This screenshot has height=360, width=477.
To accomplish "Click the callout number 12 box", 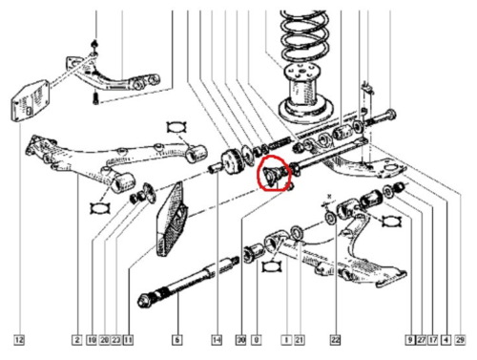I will click(x=19, y=339).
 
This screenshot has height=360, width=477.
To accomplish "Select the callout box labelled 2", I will click(x=75, y=339).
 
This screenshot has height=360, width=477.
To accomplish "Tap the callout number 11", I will click(x=128, y=339).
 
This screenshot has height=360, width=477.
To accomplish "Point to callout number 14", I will click(x=217, y=339).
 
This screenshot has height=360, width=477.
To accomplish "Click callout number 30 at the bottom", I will click(x=240, y=339).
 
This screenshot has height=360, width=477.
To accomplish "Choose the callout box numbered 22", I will click(x=335, y=339).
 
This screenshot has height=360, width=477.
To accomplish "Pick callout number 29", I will click(x=461, y=339).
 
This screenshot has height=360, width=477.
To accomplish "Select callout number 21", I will click(x=299, y=339).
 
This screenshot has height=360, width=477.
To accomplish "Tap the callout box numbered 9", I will click(x=408, y=339).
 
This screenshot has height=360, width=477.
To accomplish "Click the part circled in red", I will click(x=273, y=175).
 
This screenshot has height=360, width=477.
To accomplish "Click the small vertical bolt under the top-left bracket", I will click(x=95, y=95).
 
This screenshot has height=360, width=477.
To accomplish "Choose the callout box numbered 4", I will click(x=446, y=339).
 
